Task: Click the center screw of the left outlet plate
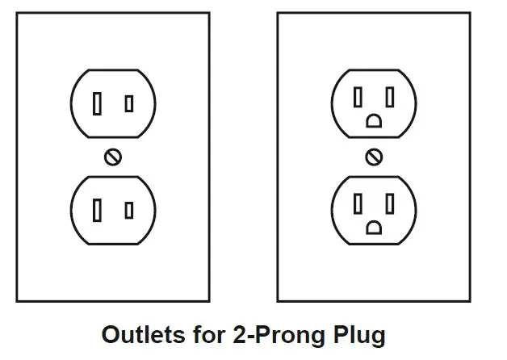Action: click(x=113, y=157)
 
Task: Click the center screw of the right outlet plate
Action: click(x=374, y=157)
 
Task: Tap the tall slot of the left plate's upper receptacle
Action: click(x=97, y=103)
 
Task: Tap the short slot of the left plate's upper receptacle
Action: click(x=129, y=104)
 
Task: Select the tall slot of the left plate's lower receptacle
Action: click(x=97, y=210)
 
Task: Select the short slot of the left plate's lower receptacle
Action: click(x=129, y=211)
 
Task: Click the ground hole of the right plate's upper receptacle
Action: click(x=374, y=121)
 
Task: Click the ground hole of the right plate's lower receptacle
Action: click(x=374, y=228)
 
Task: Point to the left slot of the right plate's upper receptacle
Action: click(x=358, y=97)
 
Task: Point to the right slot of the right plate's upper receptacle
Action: click(x=390, y=97)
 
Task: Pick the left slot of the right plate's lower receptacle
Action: click(x=358, y=203)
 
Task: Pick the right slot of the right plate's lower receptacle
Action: click(x=390, y=203)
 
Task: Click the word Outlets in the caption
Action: click(x=144, y=335)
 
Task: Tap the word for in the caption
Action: click(x=209, y=335)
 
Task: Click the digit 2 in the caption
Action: click(x=239, y=335)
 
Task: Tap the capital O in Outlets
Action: click(x=111, y=335)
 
